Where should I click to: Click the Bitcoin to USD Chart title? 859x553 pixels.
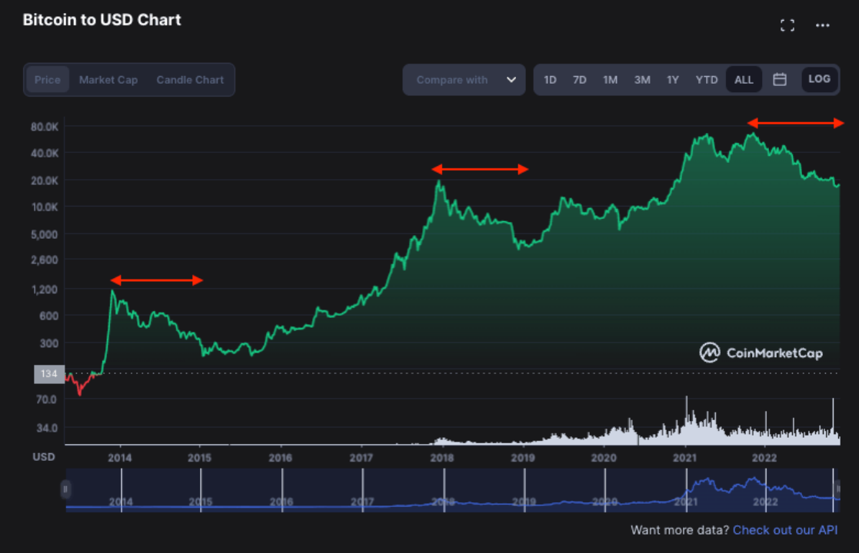[102, 20]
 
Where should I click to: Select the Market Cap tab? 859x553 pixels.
[108, 80]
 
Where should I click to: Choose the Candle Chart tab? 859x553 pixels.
[190, 80]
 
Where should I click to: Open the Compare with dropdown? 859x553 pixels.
[464, 80]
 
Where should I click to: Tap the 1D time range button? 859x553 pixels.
[550, 80]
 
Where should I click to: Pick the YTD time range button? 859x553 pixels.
[706, 80]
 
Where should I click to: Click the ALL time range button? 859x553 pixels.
[744, 80]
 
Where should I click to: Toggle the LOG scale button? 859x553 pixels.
[819, 79]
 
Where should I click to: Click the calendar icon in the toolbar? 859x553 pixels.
[780, 80]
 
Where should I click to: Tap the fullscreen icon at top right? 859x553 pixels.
[787, 25]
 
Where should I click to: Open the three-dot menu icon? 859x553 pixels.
[823, 25]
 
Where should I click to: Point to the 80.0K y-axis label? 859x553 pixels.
[45, 126]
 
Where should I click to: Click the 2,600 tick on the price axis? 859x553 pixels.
[45, 260]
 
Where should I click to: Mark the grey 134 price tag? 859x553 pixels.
[49, 374]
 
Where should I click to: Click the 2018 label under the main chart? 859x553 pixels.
[441, 458]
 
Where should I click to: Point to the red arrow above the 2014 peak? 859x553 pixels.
[157, 280]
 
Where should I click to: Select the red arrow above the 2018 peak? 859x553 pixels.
[480, 169]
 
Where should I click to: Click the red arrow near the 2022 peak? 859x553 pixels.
[796, 123]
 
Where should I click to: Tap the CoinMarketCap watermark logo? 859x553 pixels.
[761, 353]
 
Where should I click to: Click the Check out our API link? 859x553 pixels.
[784, 530]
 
